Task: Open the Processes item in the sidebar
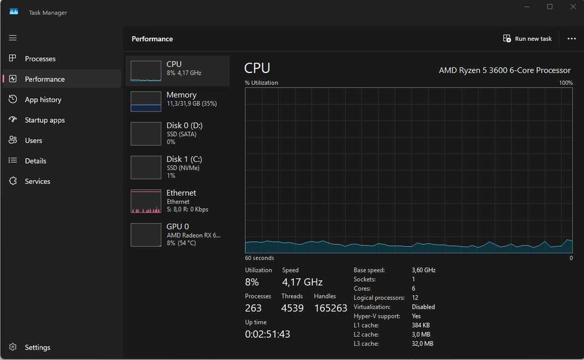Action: tap(40, 59)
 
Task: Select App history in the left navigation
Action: tap(43, 99)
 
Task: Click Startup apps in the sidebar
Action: tap(45, 120)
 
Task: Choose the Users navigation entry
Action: tap(33, 140)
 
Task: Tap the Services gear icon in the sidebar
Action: tap(13, 181)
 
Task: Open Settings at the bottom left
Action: tap(37, 347)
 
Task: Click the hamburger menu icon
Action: tap(13, 37)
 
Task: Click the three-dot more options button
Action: tap(572, 39)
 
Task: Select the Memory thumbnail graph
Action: tap(146, 101)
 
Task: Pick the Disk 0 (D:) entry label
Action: tap(185, 126)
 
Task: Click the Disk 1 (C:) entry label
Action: tap(184, 159)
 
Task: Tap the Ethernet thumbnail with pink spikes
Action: tap(146, 201)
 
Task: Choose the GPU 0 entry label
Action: tap(178, 227)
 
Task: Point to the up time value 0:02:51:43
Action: tap(267, 334)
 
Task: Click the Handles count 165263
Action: tap(331, 308)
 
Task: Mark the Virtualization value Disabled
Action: tap(423, 307)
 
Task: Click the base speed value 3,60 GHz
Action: tap(423, 270)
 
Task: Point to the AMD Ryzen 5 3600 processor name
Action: tap(505, 71)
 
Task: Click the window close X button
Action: tap(573, 6)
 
